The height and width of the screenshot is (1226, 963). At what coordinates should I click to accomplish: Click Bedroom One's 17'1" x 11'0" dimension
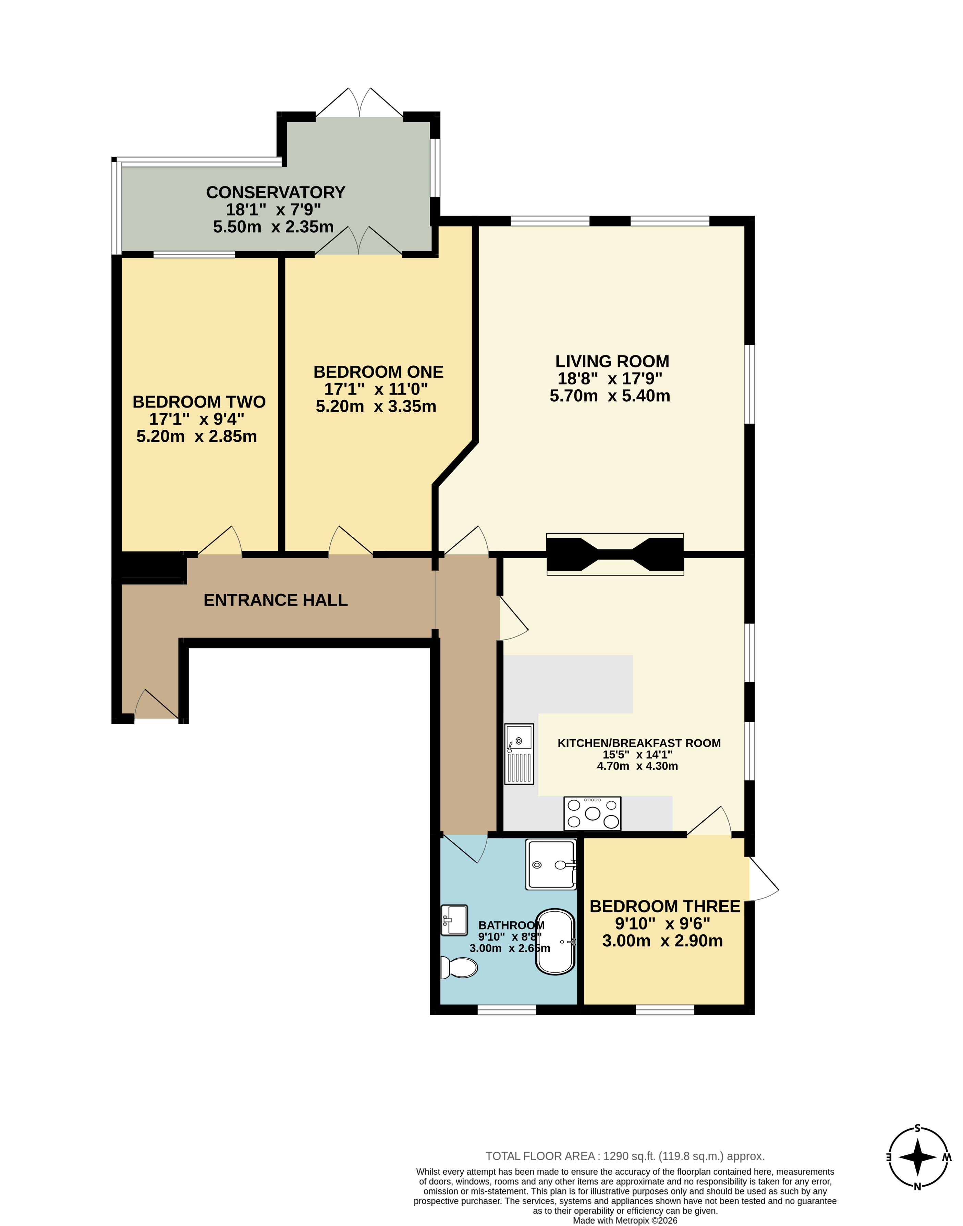click(x=376, y=389)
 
